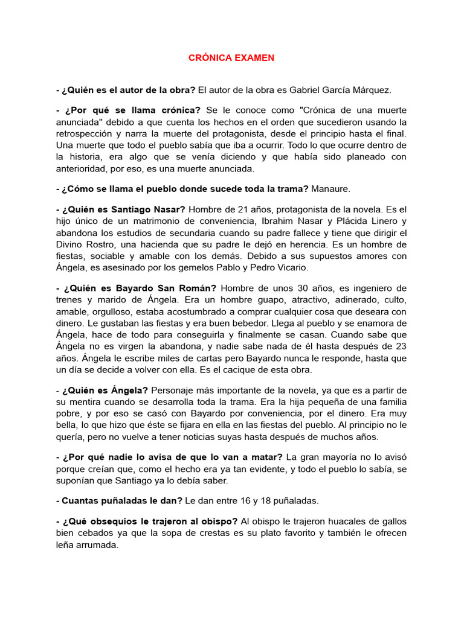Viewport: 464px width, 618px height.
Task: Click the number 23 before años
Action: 401,346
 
